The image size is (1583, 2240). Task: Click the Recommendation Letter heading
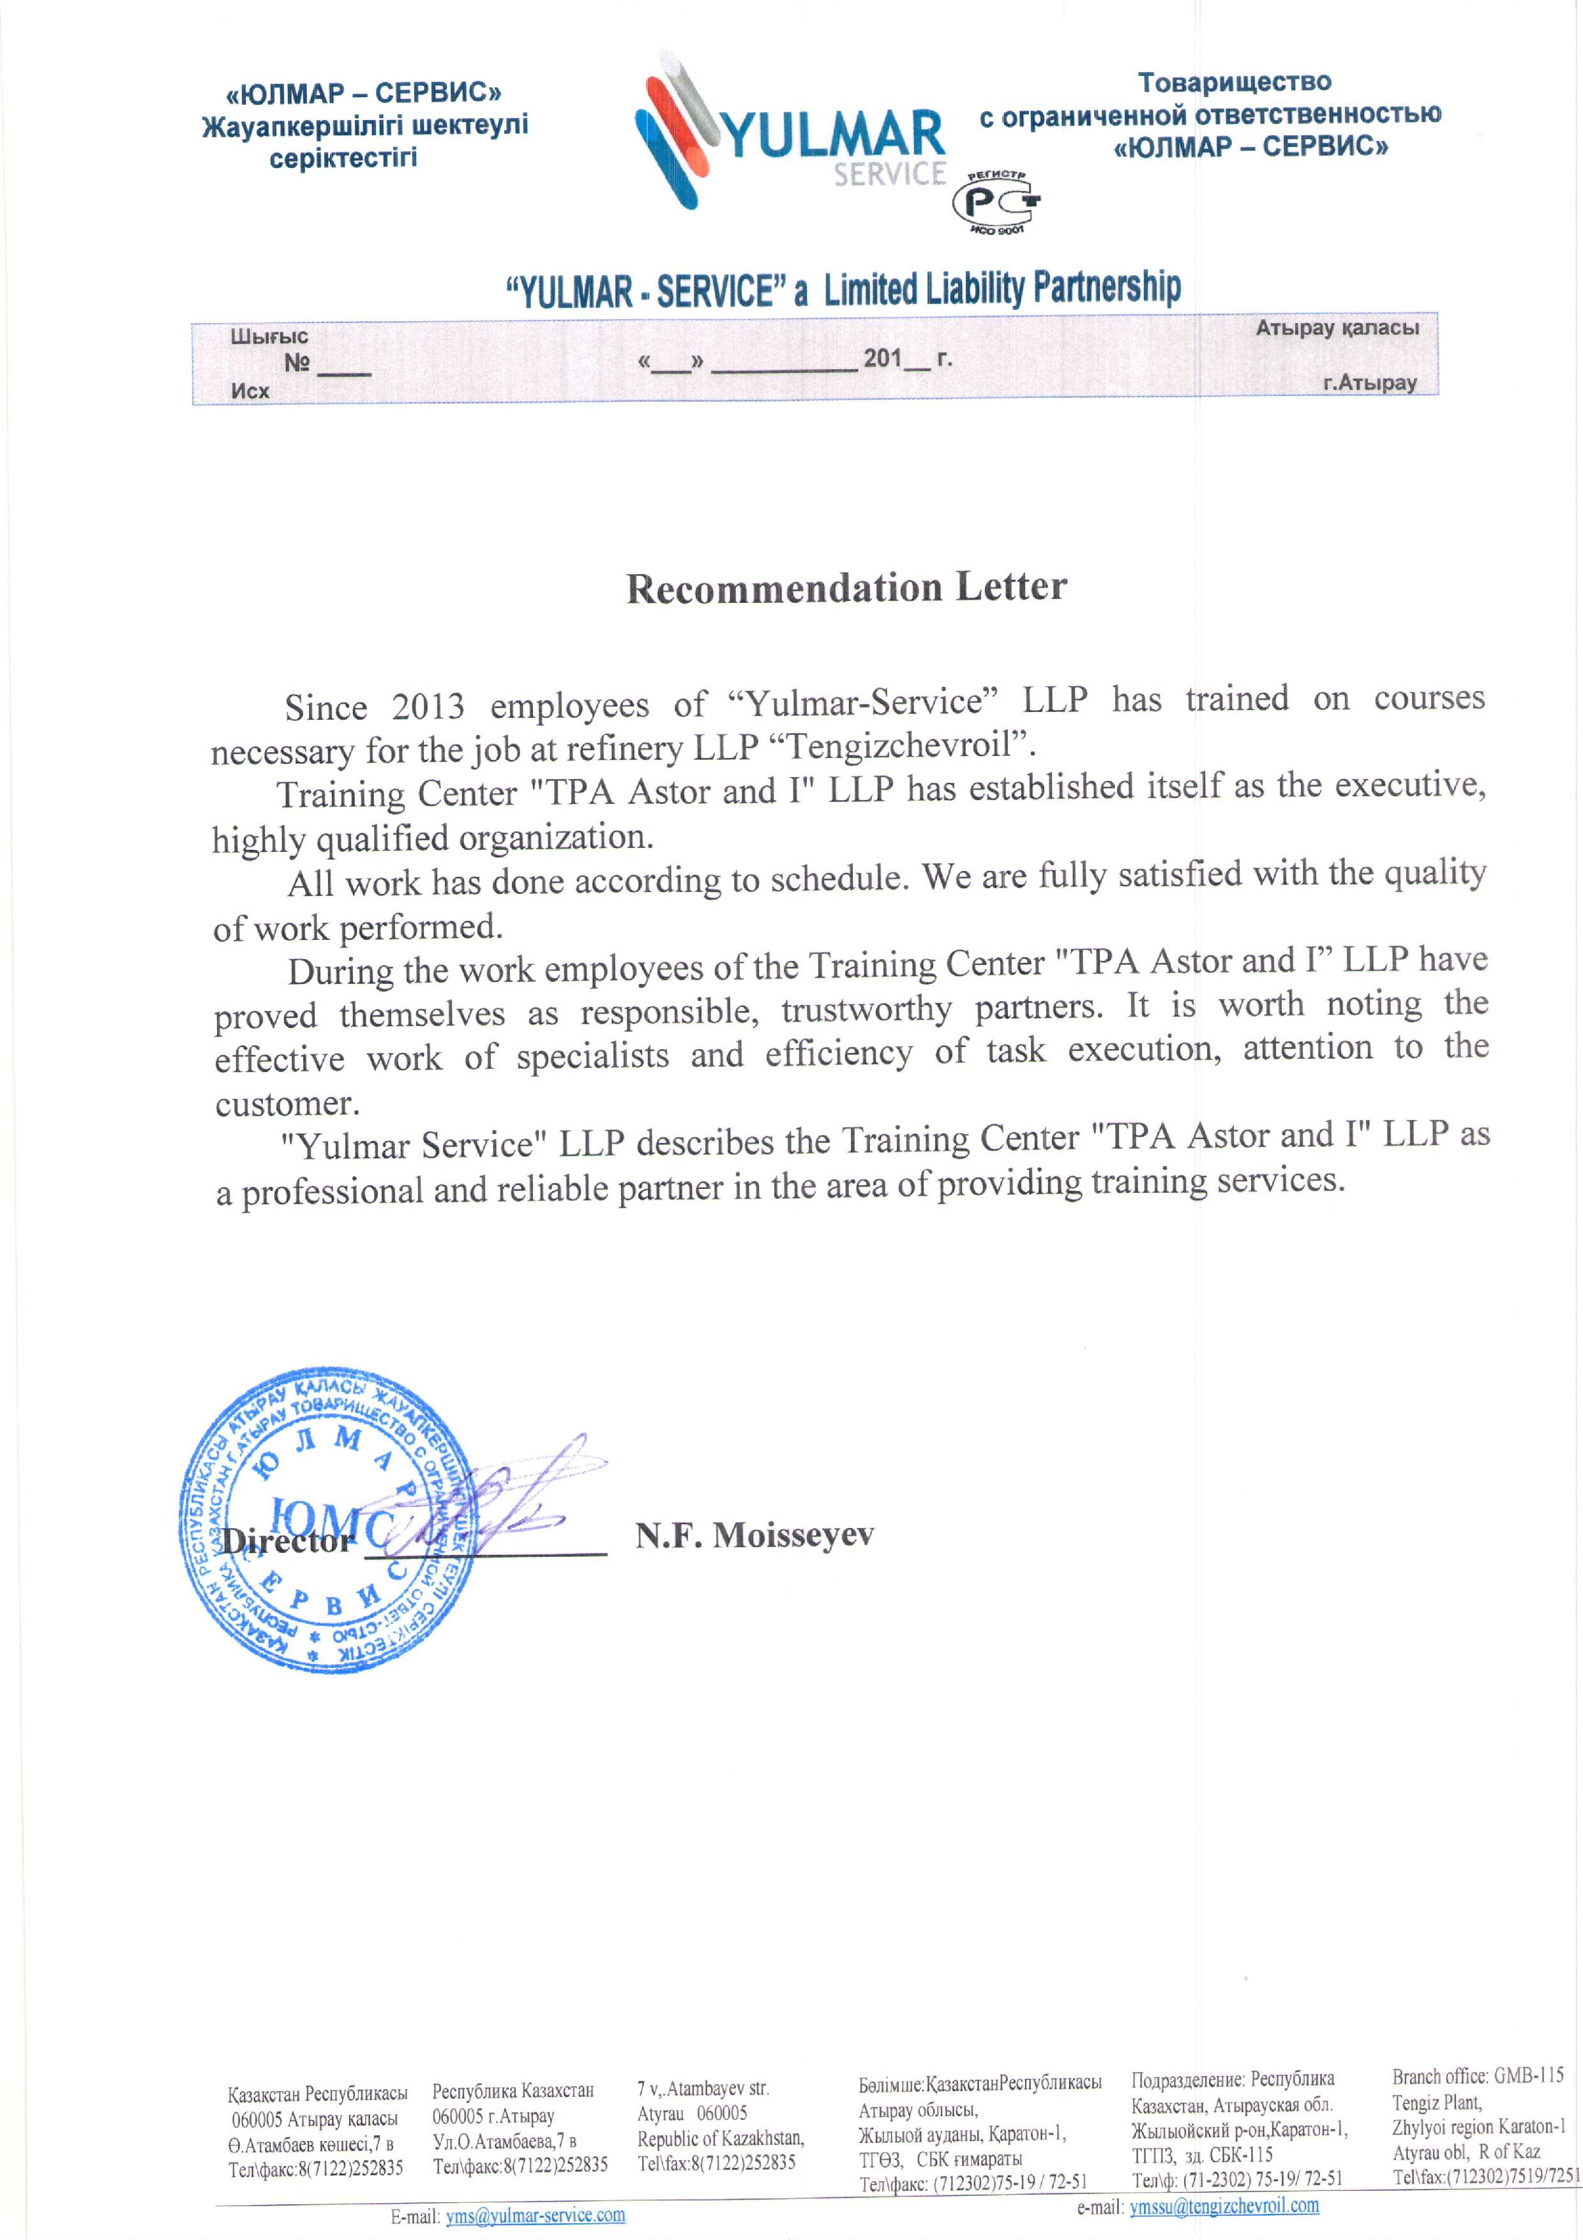click(846, 588)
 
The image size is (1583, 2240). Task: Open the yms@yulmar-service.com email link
click(536, 2214)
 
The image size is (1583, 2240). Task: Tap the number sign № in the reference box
click(297, 363)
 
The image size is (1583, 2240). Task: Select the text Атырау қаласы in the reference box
click(1336, 328)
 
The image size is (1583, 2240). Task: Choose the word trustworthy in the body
click(866, 1010)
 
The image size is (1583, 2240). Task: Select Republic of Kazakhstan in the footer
click(720, 2138)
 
